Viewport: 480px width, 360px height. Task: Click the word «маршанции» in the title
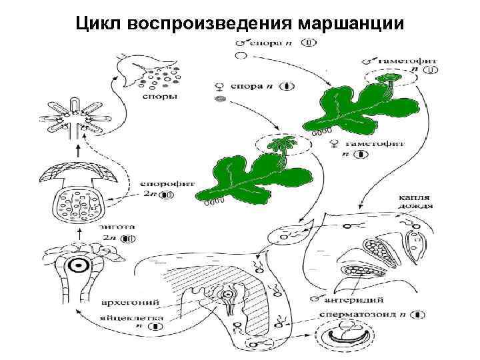click(352, 24)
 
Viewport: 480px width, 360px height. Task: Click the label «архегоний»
click(123, 299)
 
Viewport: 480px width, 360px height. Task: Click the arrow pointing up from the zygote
click(79, 233)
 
